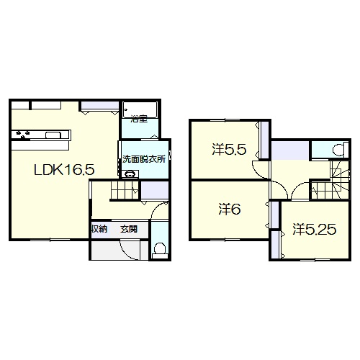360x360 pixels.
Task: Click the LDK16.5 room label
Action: (64, 170)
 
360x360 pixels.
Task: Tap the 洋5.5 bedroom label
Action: (229, 150)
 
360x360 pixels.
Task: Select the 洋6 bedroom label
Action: (230, 209)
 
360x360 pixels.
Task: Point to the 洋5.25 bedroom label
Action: (315, 229)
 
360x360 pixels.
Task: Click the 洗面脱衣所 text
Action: (144, 159)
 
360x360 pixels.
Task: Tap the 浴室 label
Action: (139, 119)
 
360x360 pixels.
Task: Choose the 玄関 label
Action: (129, 229)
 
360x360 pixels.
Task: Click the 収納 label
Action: (99, 229)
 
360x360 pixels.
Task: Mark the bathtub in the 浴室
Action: (140, 109)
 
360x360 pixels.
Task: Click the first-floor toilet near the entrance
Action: (160, 251)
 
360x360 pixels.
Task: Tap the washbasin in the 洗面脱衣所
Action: (130, 174)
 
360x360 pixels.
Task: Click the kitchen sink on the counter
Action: (53, 135)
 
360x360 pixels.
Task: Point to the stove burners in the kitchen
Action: (22, 135)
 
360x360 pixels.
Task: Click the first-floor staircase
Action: (125, 190)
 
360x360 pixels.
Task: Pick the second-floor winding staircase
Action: (330, 179)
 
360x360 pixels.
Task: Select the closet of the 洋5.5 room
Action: (265, 140)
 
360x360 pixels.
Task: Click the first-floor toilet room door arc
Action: (158, 210)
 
